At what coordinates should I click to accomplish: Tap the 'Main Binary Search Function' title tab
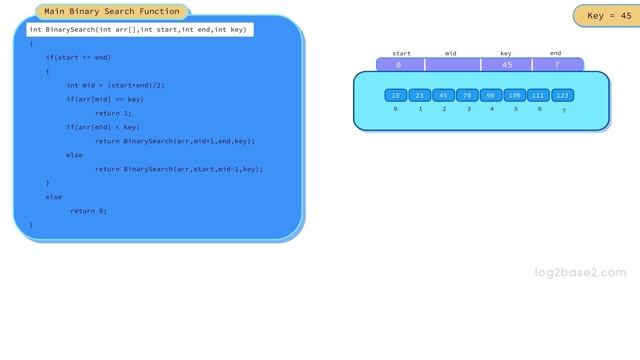[x=112, y=12]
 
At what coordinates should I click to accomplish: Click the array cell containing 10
[x=396, y=95]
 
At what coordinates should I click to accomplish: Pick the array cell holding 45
[x=444, y=95]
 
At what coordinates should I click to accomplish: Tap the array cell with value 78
[x=467, y=95]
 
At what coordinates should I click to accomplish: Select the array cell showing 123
[x=563, y=95]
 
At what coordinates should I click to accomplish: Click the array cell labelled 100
[x=515, y=95]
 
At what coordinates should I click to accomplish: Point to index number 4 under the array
[x=492, y=109]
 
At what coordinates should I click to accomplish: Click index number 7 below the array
[x=563, y=110]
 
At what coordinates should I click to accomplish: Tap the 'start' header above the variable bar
[x=401, y=53]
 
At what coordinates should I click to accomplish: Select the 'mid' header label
[x=451, y=53]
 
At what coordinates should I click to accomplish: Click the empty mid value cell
[x=452, y=65]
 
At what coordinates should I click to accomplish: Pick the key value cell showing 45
[x=507, y=65]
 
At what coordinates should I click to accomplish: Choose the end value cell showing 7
[x=557, y=65]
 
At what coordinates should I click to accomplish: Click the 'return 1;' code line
[x=112, y=113]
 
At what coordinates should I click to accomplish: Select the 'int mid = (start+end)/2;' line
[x=115, y=85]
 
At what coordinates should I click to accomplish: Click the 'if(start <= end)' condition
[x=78, y=57]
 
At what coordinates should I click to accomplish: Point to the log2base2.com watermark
[x=580, y=272]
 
